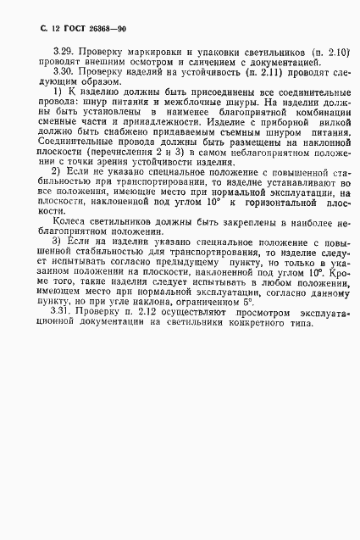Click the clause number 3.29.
[x=64, y=53]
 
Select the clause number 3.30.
[x=64, y=73]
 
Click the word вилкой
[x=309, y=122]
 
